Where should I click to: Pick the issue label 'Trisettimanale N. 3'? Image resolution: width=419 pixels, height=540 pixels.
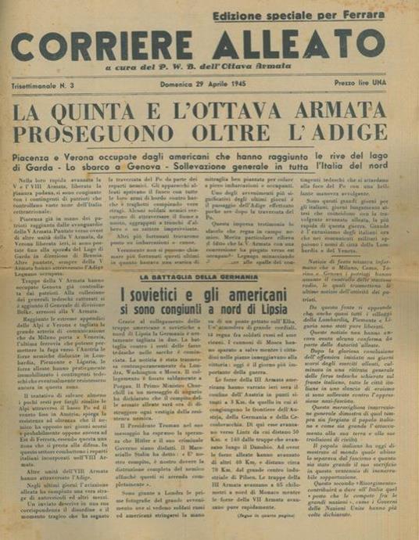pos(48,83)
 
